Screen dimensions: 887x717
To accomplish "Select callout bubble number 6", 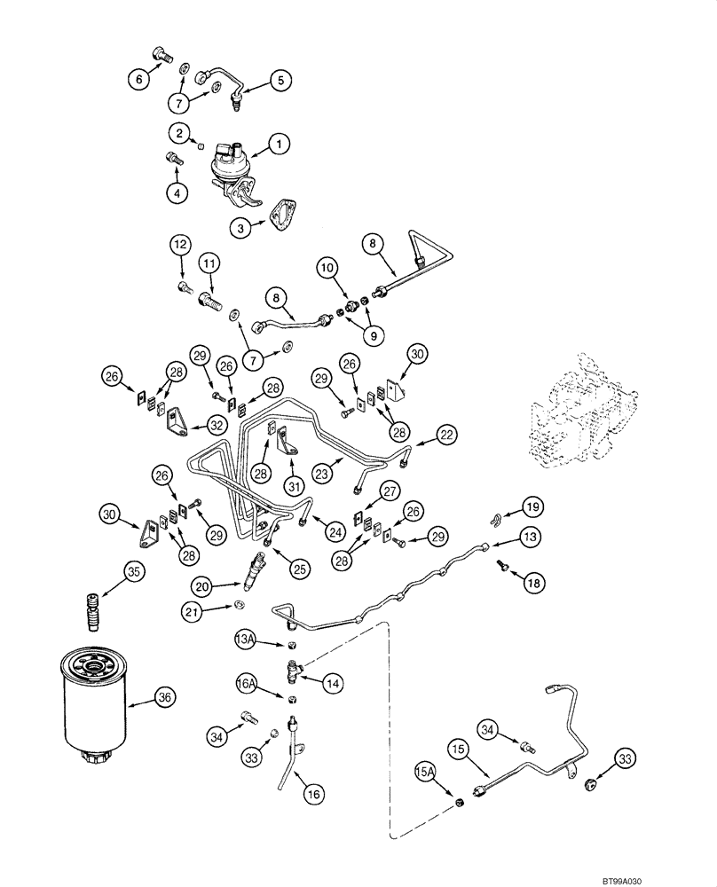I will pos(138,79).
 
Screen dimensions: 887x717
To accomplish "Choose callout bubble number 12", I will pos(180,244).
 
